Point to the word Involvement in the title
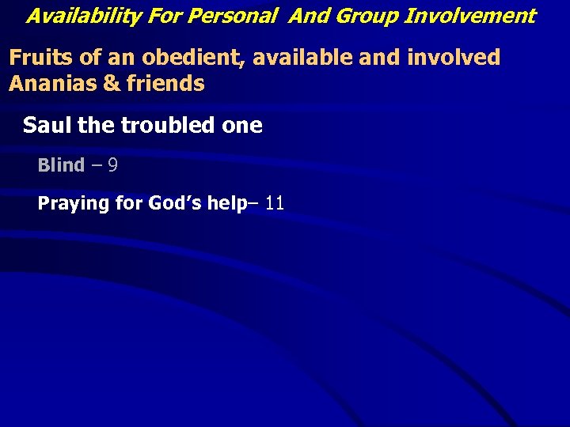(x=471, y=15)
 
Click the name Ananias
(x=52, y=83)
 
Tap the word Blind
(x=61, y=165)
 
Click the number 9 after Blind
(x=113, y=165)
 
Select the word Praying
(x=73, y=204)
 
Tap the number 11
(x=275, y=203)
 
